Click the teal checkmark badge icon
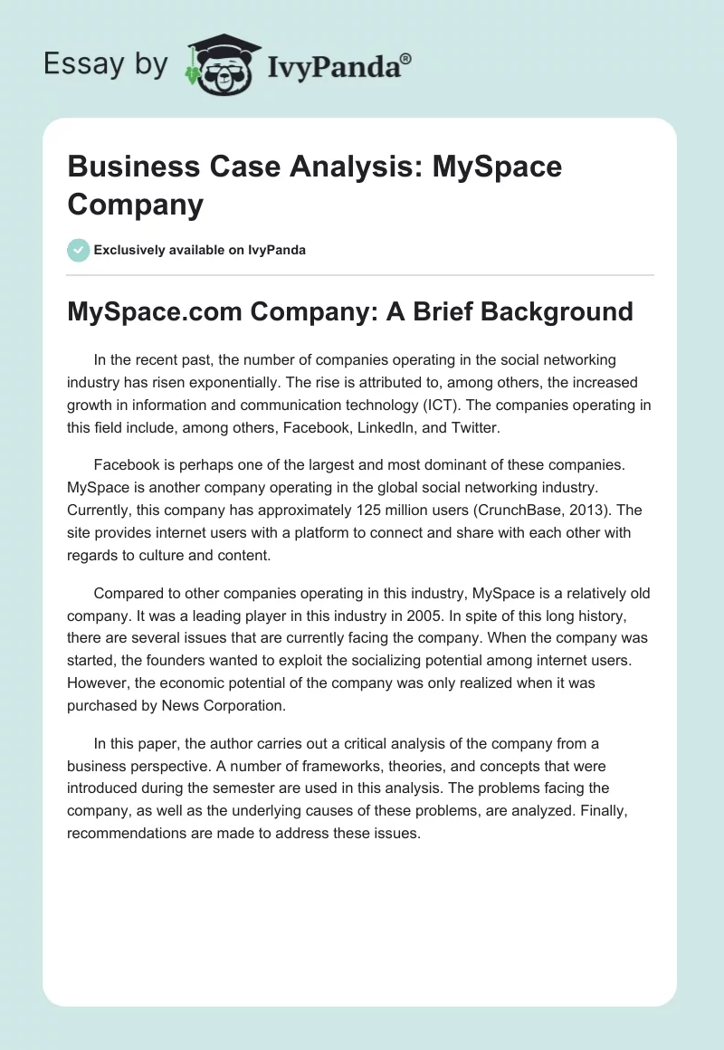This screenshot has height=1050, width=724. pos(80,250)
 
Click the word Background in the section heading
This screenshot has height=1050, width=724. pos(556,311)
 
